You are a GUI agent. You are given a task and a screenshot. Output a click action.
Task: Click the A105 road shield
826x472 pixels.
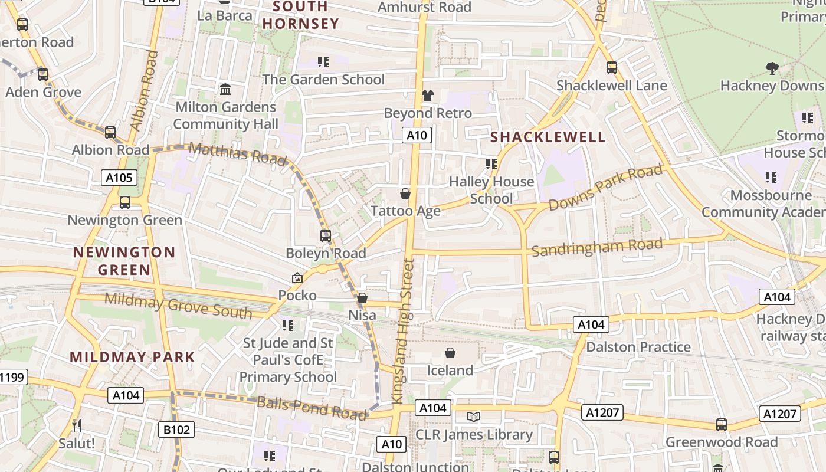coord(119,178)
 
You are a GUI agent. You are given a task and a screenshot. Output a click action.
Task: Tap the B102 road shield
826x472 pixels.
coord(176,430)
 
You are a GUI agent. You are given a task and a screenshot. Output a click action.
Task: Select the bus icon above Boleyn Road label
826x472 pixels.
coord(326,236)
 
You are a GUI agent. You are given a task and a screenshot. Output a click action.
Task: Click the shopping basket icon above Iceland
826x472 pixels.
coord(450,353)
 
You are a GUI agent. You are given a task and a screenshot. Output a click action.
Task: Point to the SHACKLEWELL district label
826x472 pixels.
coord(548,137)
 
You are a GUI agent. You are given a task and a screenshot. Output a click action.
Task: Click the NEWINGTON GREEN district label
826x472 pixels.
coord(124,261)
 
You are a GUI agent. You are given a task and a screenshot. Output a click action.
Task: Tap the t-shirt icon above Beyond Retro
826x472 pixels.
coord(428,95)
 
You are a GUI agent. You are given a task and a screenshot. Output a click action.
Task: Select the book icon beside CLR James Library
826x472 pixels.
coord(473,417)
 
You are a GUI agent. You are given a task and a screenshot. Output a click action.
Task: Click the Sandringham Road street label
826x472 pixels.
coord(596,247)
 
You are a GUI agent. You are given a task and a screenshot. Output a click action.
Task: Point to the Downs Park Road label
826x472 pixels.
coord(605,188)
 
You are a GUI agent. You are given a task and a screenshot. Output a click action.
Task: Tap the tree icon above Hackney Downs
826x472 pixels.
coord(772,68)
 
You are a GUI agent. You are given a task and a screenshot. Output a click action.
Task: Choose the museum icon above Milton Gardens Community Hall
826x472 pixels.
coord(225,90)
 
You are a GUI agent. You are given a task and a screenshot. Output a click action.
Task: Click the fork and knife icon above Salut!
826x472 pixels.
coord(77,425)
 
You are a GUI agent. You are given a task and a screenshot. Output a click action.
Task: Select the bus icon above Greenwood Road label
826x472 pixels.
coord(721,424)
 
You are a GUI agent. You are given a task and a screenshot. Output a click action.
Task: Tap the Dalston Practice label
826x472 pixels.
coord(638,347)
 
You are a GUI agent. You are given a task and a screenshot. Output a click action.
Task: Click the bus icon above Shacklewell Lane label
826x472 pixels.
coord(612,68)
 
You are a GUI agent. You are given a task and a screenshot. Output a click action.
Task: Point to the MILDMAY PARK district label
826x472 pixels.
coord(132,357)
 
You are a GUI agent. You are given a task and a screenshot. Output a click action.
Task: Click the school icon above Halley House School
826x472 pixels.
coord(491,163)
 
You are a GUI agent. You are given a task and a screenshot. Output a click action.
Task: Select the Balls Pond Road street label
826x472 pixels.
coord(312,408)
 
